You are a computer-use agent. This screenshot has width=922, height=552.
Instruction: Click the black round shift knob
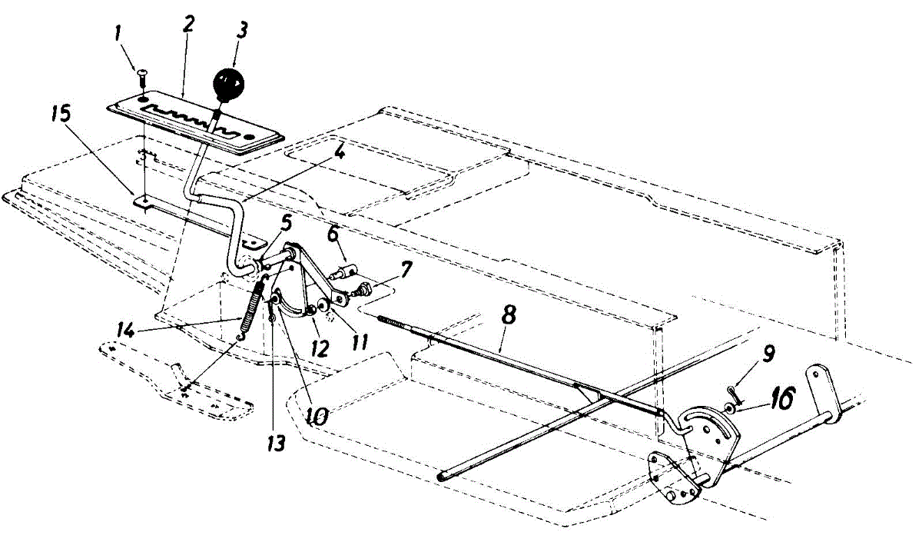[229, 82]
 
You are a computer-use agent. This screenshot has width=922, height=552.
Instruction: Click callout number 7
[405, 269]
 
